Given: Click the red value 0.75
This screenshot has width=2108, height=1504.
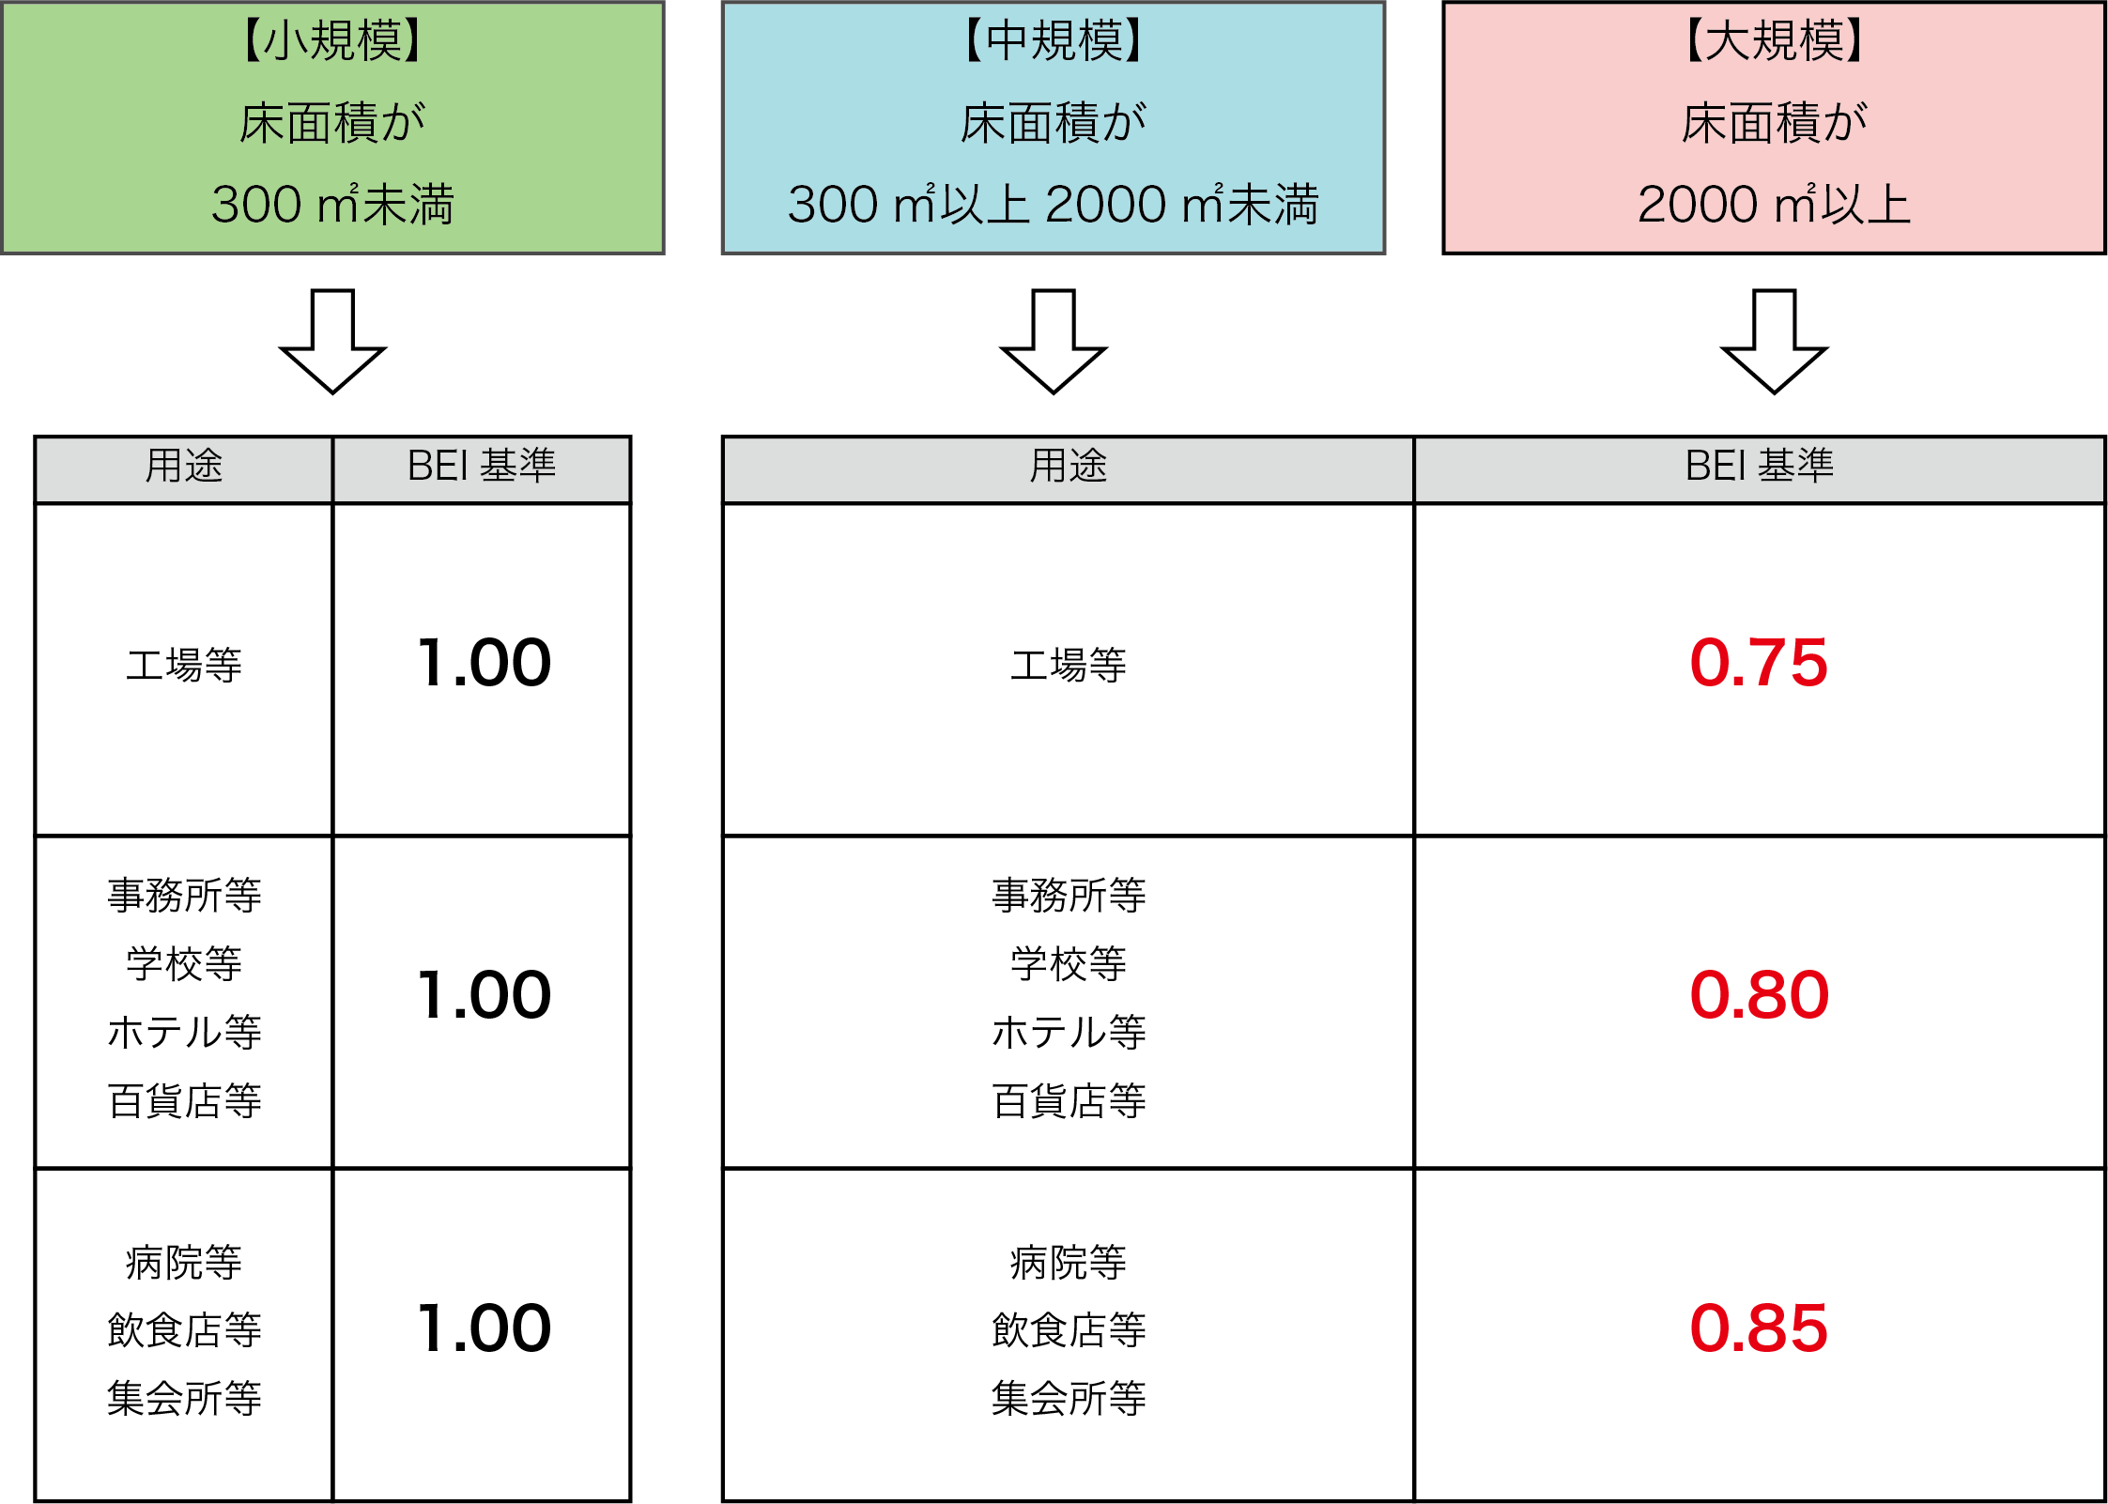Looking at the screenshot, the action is [1759, 663].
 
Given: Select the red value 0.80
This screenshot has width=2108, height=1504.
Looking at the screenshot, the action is [1759, 995].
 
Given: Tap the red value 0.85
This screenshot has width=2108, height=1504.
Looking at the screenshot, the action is [1759, 1328].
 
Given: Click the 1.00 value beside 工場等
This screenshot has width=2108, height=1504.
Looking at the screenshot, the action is [484, 663].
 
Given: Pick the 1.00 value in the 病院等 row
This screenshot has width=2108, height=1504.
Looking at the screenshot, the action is [484, 1328].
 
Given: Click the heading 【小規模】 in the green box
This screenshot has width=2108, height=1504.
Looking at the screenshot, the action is [332, 41].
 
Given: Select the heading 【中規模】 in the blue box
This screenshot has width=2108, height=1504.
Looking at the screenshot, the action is [1054, 41].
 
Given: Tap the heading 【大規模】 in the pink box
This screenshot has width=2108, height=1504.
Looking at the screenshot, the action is [1775, 41].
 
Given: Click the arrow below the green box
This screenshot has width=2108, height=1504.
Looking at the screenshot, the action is [332, 341].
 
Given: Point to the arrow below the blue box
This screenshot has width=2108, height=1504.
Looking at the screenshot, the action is [1054, 341].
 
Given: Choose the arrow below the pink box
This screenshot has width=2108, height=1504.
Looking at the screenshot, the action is [1775, 341].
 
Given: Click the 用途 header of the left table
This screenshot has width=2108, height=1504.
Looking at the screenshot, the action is [184, 466].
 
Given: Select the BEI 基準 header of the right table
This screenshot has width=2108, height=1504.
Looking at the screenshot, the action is [1760, 466].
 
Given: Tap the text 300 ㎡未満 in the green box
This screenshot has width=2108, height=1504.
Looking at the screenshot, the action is [332, 205].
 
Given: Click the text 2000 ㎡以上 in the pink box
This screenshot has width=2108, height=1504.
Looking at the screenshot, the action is [1775, 205].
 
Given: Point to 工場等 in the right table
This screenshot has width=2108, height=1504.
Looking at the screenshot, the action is [1069, 665].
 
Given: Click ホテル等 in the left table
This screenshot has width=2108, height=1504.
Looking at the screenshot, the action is [184, 1032].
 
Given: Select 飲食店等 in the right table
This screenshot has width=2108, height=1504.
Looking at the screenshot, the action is [1069, 1330].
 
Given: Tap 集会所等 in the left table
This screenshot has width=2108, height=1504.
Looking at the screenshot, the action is [184, 1398].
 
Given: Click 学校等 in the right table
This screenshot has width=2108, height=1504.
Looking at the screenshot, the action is [1069, 964].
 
